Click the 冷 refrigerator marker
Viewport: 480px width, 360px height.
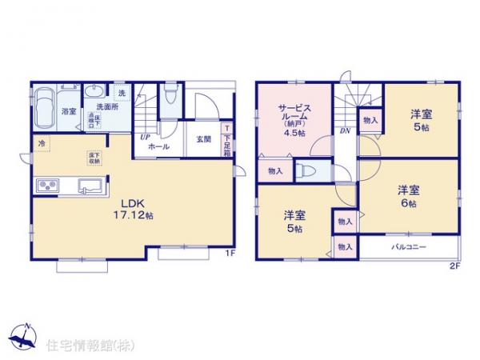(41, 143)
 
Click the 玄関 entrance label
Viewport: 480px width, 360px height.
(203, 138)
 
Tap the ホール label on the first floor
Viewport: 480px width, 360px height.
(158, 148)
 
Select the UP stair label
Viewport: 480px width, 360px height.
(146, 137)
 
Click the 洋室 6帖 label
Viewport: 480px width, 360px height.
(409, 195)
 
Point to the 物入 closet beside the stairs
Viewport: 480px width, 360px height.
(370, 120)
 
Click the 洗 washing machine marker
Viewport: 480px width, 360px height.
(122, 91)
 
